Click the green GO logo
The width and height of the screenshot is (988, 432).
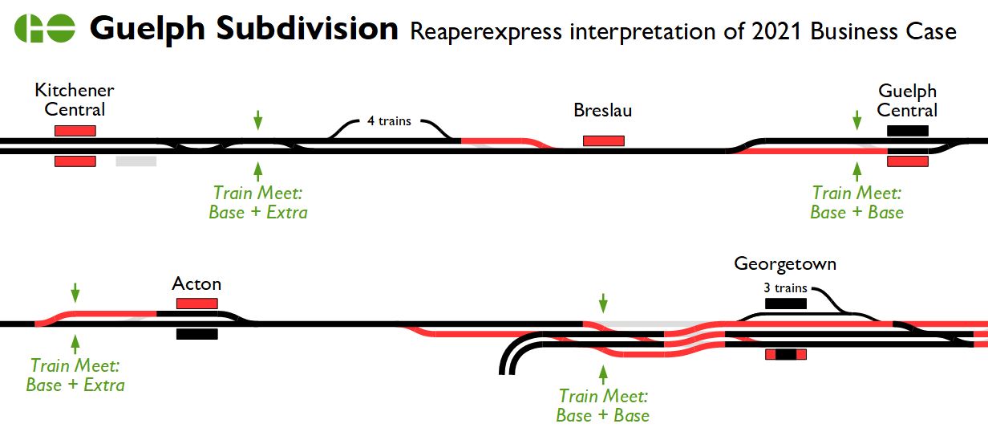point(45,29)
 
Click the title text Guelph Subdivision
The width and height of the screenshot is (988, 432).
point(244,29)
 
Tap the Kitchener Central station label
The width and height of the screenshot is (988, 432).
point(75,100)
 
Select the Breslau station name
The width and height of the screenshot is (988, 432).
point(602,110)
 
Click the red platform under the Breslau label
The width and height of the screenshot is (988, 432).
point(603,141)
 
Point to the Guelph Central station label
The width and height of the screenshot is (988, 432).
point(907,100)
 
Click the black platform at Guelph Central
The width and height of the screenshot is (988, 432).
point(907,131)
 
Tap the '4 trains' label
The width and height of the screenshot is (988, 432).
point(389,121)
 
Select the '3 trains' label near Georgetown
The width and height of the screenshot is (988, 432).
point(785,288)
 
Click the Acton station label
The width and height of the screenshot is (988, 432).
point(196,284)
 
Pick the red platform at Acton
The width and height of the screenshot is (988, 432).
point(196,304)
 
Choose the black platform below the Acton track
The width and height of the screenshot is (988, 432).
point(196,334)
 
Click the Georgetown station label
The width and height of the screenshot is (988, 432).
point(785,263)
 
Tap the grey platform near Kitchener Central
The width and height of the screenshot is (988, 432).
point(136,161)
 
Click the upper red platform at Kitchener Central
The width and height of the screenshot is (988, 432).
point(75,131)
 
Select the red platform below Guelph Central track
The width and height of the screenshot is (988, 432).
point(907,161)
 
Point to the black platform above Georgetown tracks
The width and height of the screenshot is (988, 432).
point(785,304)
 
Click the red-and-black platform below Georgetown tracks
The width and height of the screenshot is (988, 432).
point(785,354)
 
